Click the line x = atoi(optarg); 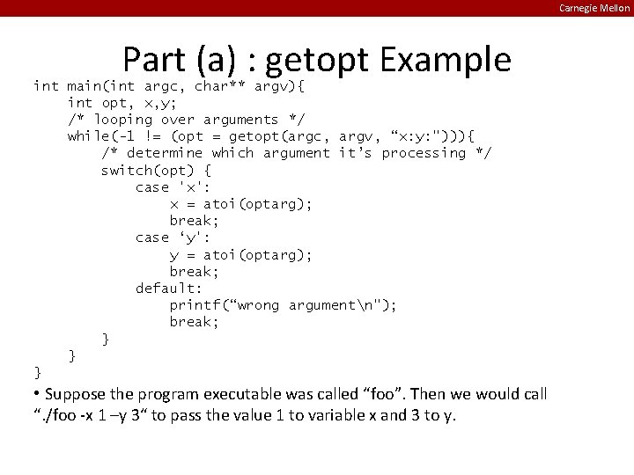tap(240, 204)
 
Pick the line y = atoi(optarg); tap(240, 255)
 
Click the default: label tap(168, 289)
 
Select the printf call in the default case tap(283, 305)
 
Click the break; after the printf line tap(194, 322)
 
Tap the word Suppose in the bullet tap(76, 394)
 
